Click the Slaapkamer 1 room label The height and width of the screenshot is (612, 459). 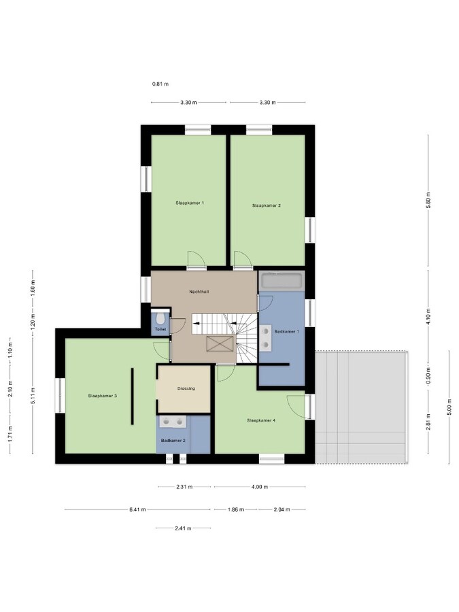tap(190, 203)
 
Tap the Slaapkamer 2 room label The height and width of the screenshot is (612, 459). tap(266, 205)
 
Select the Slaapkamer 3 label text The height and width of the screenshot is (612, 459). tap(103, 395)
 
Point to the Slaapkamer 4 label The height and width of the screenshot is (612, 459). tap(261, 420)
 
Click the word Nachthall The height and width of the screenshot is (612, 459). tap(199, 291)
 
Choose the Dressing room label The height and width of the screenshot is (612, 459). tap(186, 389)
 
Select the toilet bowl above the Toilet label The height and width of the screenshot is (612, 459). tap(160, 318)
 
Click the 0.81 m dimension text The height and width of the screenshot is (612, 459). tap(160, 84)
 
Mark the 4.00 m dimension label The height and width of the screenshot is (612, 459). tap(259, 487)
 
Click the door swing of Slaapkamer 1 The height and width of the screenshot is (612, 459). tap(194, 259)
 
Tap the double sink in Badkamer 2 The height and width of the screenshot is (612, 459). tap(173, 422)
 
